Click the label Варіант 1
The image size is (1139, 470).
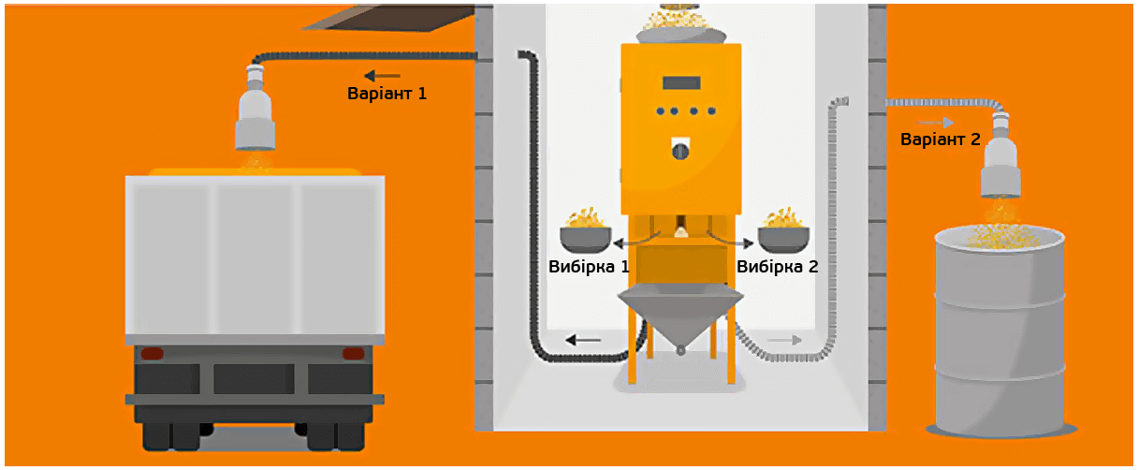click(387, 94)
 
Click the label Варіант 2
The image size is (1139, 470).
click(940, 140)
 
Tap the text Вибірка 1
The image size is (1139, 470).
click(588, 267)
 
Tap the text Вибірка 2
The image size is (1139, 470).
click(777, 267)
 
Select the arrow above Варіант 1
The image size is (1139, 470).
click(382, 75)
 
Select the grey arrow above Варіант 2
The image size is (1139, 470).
click(935, 122)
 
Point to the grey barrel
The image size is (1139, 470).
click(1000, 337)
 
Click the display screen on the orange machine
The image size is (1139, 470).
click(680, 81)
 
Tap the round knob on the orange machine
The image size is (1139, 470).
click(681, 150)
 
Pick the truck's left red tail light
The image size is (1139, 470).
click(152, 354)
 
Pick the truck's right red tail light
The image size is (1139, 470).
click(353, 354)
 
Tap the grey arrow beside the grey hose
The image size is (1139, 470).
click(784, 339)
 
